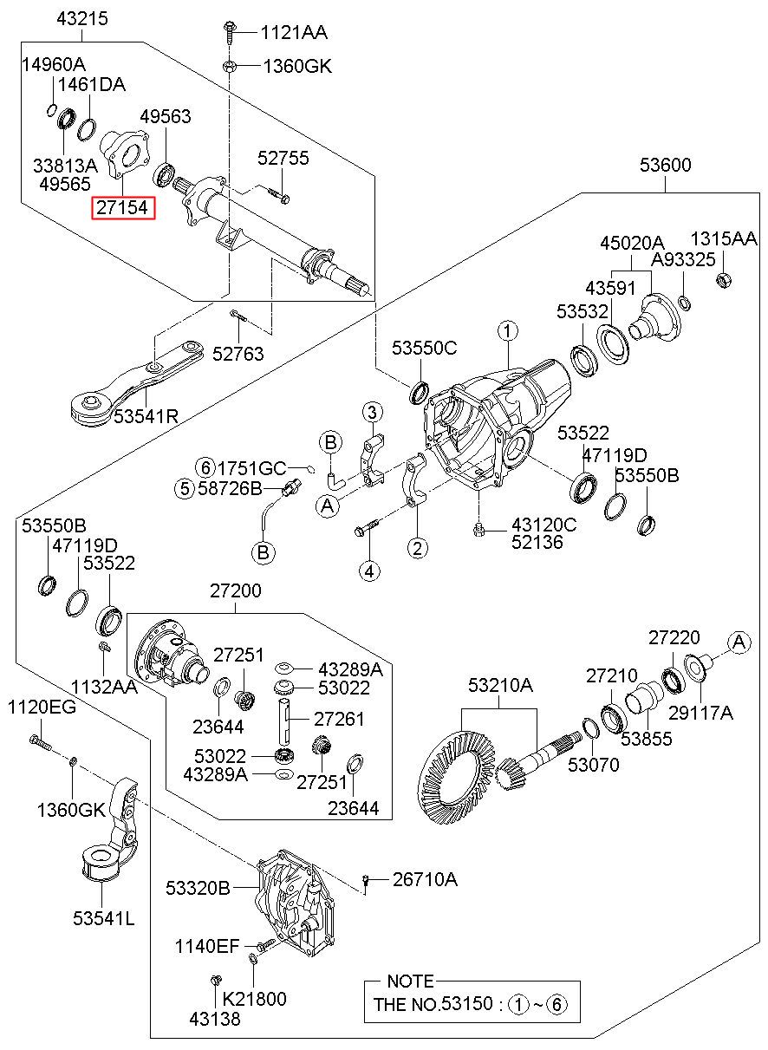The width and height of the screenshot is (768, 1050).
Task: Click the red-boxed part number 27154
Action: tap(124, 208)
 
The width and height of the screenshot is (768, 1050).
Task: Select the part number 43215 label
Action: tap(82, 18)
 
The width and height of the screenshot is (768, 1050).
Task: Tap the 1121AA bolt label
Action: tap(296, 34)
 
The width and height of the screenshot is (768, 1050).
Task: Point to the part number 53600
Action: tap(666, 165)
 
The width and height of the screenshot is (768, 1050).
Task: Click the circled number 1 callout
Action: tap(507, 330)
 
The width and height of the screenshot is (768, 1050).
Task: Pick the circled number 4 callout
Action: tap(370, 571)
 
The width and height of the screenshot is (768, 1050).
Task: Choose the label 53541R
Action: tap(146, 417)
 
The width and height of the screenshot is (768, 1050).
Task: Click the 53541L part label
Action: tap(104, 918)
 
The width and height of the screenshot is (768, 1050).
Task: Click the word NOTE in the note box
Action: tap(410, 982)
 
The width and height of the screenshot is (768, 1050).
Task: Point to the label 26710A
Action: tap(425, 880)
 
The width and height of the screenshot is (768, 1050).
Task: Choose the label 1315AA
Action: tap(724, 238)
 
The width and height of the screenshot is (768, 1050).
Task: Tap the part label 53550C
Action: tap(424, 349)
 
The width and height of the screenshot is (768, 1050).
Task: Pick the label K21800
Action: tap(253, 999)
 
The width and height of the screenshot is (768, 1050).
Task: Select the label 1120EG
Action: tap(42, 707)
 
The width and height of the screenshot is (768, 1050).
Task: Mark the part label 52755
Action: tap(283, 159)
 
